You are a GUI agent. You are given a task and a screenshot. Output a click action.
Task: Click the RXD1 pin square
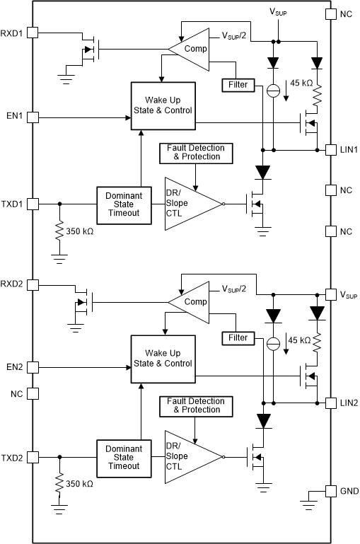pos(33,33)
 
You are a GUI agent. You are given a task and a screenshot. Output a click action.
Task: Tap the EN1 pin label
pos(14,116)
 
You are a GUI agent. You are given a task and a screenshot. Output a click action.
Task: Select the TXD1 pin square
pos(33,203)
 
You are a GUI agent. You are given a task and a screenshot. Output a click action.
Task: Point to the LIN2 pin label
pos(348,403)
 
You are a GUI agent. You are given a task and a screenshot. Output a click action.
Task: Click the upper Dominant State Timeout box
pos(123,204)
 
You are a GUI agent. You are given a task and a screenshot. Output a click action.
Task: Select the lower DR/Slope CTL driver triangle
pos(190,456)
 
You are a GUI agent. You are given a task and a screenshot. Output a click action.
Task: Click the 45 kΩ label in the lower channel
pos(300,341)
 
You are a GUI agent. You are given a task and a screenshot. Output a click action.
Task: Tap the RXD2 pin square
pos(33,285)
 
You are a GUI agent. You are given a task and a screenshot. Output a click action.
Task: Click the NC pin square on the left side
pos(33,394)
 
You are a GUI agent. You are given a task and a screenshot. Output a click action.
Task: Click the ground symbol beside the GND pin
pos(308,504)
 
